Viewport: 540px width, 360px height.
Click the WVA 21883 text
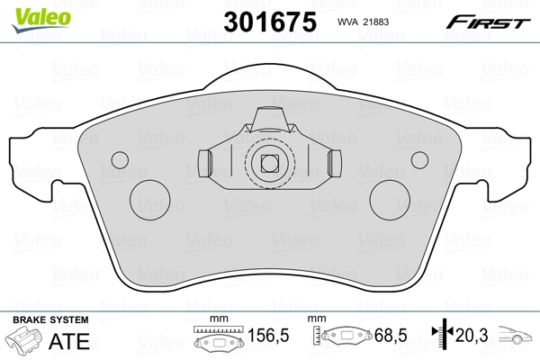coord(364,22)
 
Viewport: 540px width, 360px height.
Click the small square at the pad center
coord(268,164)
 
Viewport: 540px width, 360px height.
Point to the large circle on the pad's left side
coord(149,198)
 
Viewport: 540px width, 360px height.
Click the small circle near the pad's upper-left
coord(118,159)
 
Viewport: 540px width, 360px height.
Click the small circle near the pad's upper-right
coord(420,159)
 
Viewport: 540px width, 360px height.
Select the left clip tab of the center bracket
coord(202,164)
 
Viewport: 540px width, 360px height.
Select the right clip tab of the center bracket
coord(335,164)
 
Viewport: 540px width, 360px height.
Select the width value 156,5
coord(266,337)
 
